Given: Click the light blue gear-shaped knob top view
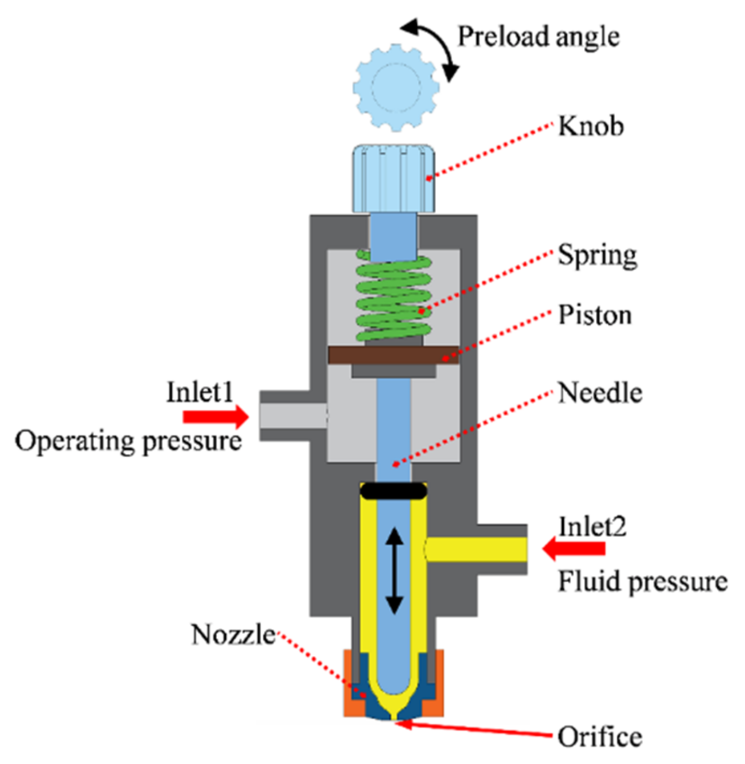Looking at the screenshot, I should (396, 87).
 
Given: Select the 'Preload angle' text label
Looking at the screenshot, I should (538, 37).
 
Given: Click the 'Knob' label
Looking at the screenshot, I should (591, 126).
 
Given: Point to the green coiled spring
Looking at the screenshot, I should (393, 298).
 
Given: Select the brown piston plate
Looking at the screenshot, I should (393, 355).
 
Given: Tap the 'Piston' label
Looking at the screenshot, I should (595, 315).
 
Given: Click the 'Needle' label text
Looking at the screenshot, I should (600, 393).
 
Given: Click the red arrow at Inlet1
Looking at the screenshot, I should (216, 416).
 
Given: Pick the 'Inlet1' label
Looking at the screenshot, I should (200, 392).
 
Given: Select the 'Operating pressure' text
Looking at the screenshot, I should (128, 442).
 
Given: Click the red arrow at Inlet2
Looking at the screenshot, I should (574, 548).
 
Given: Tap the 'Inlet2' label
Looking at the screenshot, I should (592, 526).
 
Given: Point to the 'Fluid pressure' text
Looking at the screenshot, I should (643, 582).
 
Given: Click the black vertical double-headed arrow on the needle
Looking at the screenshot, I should (393, 571).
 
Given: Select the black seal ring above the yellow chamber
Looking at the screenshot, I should (393, 490).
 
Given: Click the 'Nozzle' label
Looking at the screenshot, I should (233, 634).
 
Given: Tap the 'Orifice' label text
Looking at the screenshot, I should (599, 737).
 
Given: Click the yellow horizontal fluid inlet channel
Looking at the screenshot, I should (476, 549).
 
